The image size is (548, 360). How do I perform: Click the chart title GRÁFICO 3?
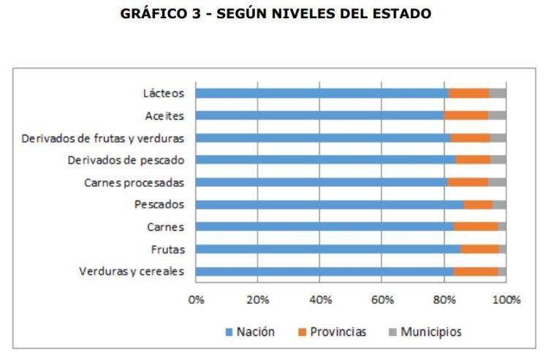point(274,13)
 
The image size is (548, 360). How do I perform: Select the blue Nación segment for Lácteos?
point(321,93)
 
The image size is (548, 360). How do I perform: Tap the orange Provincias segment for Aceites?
point(465,115)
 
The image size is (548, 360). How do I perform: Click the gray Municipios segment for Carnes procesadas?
point(497,183)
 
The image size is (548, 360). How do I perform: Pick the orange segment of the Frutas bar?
point(479,249)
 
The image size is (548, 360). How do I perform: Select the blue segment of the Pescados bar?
point(329,204)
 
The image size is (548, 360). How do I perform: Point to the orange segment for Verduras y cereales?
point(476,272)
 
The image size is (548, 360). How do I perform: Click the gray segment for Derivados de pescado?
point(498,160)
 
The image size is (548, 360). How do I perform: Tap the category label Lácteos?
point(164,93)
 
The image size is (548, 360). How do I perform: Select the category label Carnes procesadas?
point(134,183)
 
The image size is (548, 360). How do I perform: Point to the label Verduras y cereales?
point(131,272)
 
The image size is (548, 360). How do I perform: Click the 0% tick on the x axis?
point(196,299)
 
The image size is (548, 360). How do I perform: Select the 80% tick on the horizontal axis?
point(444,299)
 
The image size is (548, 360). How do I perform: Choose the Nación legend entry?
point(250,332)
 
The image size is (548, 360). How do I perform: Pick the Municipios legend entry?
point(424,332)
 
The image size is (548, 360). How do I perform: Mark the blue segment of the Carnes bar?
point(324,227)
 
